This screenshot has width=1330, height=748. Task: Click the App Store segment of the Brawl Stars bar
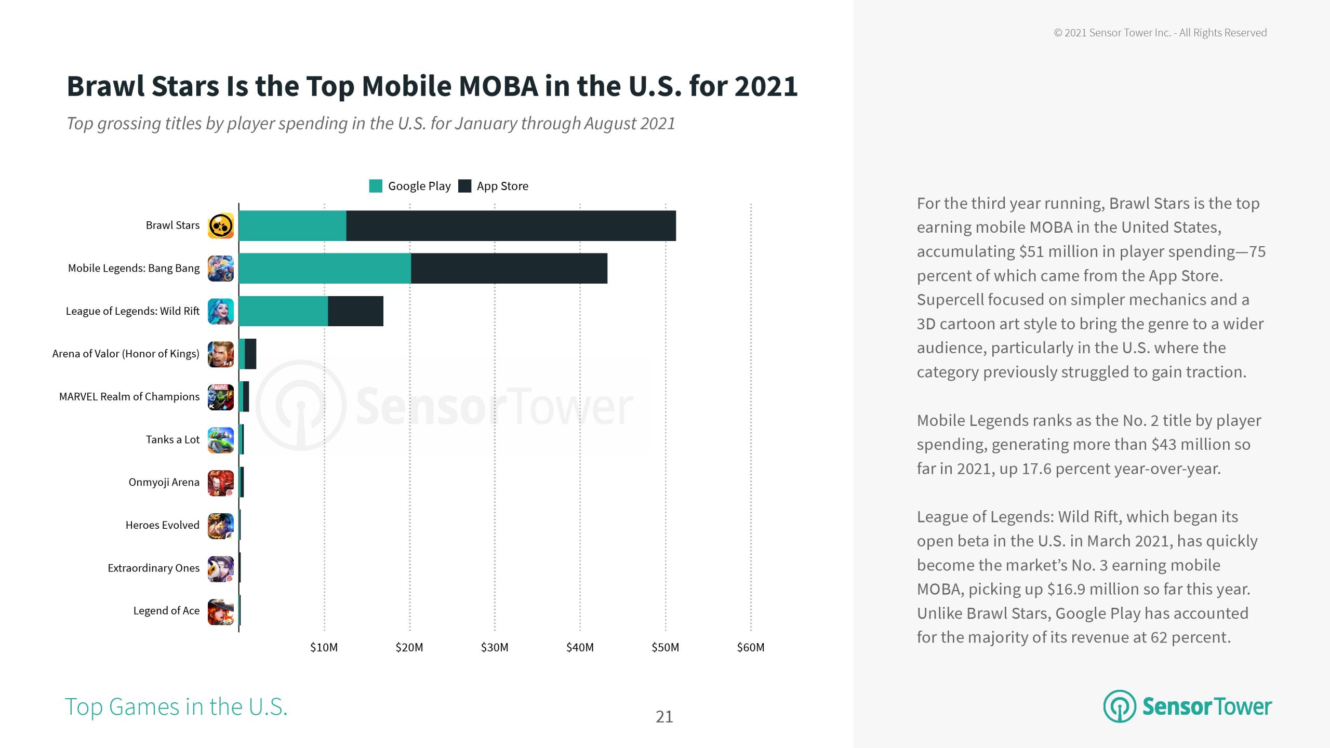point(511,225)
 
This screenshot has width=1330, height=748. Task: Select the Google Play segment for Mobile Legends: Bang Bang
point(325,268)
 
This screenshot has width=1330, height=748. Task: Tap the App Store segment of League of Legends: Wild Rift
point(355,311)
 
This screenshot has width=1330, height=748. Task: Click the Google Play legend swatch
point(375,186)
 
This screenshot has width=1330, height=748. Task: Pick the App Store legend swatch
point(464,186)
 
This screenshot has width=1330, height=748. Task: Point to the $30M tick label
point(494,647)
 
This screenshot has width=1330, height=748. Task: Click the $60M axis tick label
point(750,647)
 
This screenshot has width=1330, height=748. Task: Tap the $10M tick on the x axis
point(324,647)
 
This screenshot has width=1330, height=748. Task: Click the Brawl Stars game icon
point(221,226)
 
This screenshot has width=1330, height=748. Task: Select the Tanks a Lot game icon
point(221,440)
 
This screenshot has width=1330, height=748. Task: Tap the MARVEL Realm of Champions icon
point(221,397)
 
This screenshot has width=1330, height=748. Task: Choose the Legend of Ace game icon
point(221,611)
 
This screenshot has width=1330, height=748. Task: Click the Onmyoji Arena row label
point(164,482)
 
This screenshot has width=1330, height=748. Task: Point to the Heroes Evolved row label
point(162,525)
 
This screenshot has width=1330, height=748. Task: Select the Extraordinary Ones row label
point(153,568)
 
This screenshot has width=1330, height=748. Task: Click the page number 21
point(664,717)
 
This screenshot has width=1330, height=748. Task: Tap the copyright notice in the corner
point(1160,33)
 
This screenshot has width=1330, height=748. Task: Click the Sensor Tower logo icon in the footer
point(1120,706)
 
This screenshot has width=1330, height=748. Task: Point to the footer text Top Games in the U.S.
point(176,707)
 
